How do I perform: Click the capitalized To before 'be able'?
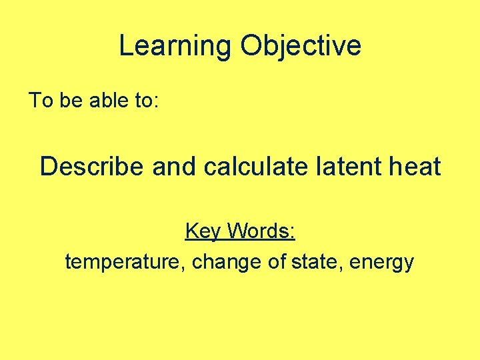pyautogui.click(x=40, y=101)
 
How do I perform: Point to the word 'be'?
pyautogui.click(x=69, y=101)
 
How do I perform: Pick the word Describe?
pyautogui.click(x=91, y=166)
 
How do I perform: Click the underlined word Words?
pyautogui.click(x=259, y=231)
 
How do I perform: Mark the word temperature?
pyautogui.click(x=125, y=262)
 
